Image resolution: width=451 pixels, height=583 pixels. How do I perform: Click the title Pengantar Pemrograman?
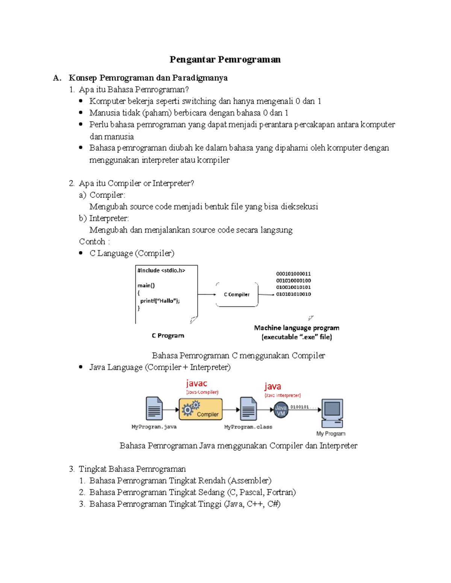click(225, 59)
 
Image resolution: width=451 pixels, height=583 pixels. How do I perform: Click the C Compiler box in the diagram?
click(237, 295)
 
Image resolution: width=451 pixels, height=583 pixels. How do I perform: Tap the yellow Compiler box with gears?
click(201, 409)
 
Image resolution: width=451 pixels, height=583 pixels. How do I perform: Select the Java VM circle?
click(281, 410)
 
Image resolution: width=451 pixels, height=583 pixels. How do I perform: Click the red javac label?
click(197, 383)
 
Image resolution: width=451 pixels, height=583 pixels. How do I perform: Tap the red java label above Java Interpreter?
click(272, 386)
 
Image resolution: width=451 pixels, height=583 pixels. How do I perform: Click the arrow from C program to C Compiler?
click(207, 294)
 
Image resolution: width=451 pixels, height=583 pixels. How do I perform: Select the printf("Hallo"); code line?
click(160, 301)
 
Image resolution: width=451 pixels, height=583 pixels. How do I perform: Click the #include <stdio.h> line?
click(161, 270)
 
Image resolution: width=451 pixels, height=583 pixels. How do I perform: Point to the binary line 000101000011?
click(294, 274)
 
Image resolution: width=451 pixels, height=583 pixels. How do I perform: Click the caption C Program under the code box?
click(168, 336)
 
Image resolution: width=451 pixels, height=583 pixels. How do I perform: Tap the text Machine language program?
click(297, 328)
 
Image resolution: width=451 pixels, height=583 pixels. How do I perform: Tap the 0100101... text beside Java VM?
click(300, 407)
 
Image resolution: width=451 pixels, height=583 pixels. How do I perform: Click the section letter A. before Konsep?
click(57, 78)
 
